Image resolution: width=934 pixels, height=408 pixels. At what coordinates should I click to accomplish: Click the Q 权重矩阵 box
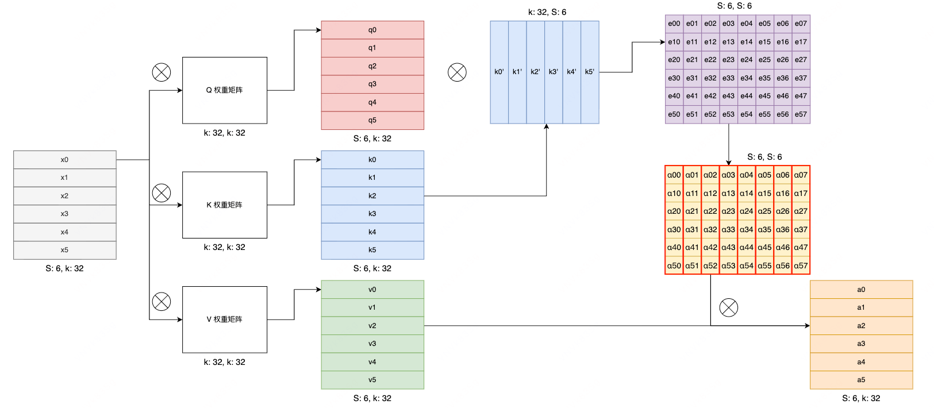pyautogui.click(x=225, y=90)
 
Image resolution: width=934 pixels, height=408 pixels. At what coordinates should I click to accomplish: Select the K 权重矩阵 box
pyautogui.click(x=225, y=205)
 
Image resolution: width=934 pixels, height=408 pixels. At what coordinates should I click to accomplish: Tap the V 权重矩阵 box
pyautogui.click(x=225, y=320)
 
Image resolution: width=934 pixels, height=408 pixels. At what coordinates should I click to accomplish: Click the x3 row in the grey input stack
pyautogui.click(x=64, y=214)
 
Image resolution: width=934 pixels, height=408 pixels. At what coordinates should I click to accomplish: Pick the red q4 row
pyautogui.click(x=372, y=102)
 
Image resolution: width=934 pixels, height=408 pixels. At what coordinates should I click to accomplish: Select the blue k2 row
pyautogui.click(x=372, y=196)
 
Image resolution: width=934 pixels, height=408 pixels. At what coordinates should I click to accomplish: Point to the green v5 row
pyautogui.click(x=372, y=380)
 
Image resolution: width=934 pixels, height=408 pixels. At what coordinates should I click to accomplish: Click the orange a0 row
pyautogui.click(x=861, y=290)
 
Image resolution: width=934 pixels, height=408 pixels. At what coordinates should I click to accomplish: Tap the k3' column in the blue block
pyautogui.click(x=554, y=72)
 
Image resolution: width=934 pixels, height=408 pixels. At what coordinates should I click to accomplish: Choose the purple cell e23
pyautogui.click(x=728, y=60)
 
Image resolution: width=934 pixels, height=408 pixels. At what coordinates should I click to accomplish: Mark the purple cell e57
pyautogui.click(x=801, y=114)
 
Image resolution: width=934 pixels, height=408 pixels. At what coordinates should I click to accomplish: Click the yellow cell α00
pyautogui.click(x=674, y=175)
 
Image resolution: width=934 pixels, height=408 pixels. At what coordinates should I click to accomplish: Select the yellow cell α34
pyautogui.click(x=746, y=230)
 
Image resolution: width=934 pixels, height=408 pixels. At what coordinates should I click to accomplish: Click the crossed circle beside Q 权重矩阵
pyautogui.click(x=162, y=72)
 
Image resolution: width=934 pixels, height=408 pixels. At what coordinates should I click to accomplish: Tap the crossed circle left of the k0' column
pyautogui.click(x=457, y=72)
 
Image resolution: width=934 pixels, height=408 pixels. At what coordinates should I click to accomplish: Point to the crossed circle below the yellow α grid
pyautogui.click(x=729, y=307)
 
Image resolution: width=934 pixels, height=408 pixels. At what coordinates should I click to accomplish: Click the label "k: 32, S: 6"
pyautogui.click(x=547, y=12)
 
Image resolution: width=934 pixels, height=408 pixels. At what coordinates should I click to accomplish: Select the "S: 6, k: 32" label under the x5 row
pyautogui.click(x=64, y=268)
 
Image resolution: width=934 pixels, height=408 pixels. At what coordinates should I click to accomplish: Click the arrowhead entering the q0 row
pyautogui.click(x=318, y=30)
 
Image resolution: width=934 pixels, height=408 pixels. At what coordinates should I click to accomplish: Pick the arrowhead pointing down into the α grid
pyautogui.click(x=729, y=163)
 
